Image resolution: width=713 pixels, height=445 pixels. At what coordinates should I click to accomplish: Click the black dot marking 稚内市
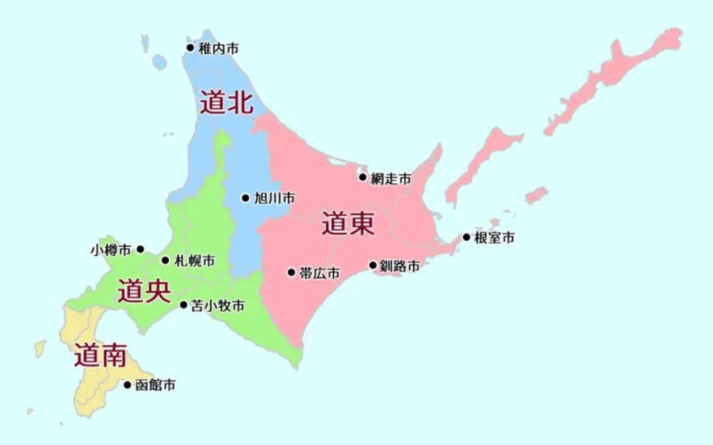(x=190, y=47)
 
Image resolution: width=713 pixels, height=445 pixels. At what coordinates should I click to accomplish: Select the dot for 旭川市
(x=246, y=198)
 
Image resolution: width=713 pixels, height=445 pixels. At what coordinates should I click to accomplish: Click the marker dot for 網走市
(x=362, y=177)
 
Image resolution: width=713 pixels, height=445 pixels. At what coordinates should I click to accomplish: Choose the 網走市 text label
(x=391, y=178)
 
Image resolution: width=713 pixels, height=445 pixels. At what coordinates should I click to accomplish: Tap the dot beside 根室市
(x=467, y=237)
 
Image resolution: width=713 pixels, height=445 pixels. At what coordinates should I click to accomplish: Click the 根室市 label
(x=494, y=238)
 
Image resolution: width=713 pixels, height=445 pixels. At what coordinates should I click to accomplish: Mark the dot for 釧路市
(x=373, y=266)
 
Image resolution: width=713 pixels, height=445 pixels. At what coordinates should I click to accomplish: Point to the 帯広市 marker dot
(x=291, y=272)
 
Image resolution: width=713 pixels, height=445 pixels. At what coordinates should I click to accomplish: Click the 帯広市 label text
(x=320, y=273)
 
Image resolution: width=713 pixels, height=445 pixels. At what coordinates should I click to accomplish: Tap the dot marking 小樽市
(x=140, y=249)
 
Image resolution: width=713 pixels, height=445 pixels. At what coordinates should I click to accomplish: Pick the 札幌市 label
(x=194, y=261)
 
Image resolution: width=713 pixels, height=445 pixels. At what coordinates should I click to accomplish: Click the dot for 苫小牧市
(x=184, y=305)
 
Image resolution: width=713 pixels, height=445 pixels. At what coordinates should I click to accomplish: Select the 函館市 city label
(x=155, y=386)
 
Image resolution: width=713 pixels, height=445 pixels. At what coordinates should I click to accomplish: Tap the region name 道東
(x=348, y=224)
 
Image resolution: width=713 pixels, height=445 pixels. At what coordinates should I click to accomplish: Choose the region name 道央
(x=144, y=291)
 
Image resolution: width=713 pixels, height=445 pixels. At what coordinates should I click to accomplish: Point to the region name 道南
(x=100, y=356)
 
